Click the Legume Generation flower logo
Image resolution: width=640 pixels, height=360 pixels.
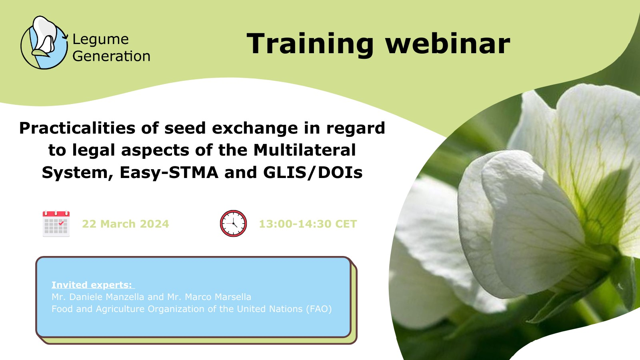click(x=44, y=42)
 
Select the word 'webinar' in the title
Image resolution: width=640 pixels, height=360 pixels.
click(x=448, y=44)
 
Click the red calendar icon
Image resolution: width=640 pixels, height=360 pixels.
click(x=56, y=224)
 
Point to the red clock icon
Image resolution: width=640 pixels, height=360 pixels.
click(x=234, y=224)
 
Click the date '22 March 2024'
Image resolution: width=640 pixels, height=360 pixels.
click(x=126, y=224)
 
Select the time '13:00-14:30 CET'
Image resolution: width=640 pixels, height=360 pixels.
click(x=308, y=224)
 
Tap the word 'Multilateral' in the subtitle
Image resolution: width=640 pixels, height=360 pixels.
click(x=304, y=150)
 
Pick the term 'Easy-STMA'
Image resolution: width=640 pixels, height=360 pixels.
click(x=169, y=173)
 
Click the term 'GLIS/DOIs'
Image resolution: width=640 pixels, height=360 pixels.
click(x=313, y=173)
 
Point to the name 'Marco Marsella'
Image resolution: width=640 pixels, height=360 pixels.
click(x=218, y=297)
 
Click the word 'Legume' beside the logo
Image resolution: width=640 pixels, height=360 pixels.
click(x=100, y=40)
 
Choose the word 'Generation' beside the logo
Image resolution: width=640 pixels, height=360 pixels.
click(x=112, y=56)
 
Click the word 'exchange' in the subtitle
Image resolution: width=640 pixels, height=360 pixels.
click(x=255, y=128)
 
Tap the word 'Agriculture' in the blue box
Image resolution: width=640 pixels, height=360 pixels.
click(x=120, y=309)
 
